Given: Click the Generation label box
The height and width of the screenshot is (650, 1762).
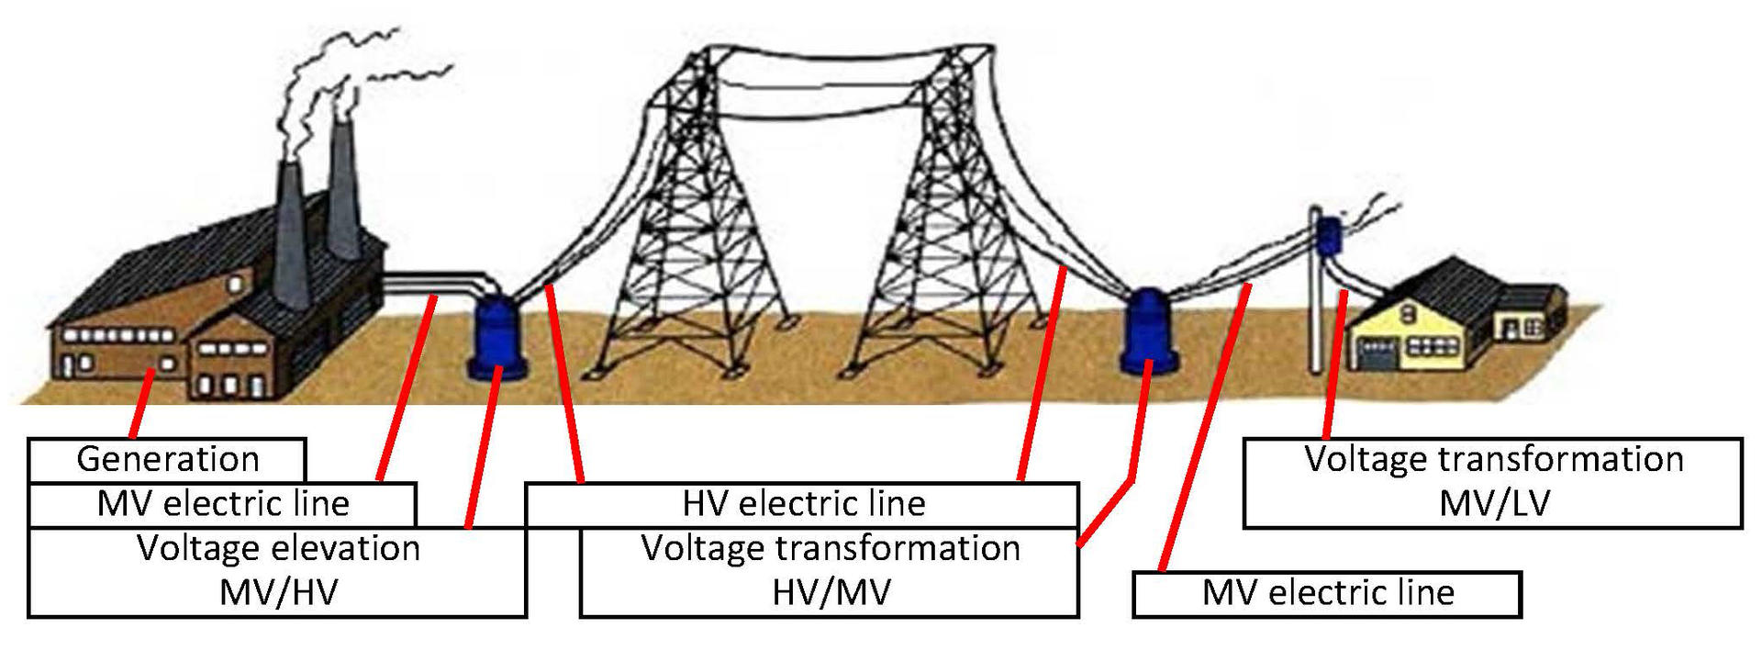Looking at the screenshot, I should tap(167, 459).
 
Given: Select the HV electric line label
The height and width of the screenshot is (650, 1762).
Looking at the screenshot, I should tap(802, 503).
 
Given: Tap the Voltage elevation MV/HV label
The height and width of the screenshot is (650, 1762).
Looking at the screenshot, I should tap(277, 570).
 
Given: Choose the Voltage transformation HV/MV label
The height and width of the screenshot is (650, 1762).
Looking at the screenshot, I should tap(830, 570).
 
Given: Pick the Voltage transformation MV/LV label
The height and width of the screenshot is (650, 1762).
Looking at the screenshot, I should tap(1493, 481).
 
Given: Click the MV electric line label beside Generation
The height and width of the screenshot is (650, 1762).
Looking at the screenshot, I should tap(222, 503).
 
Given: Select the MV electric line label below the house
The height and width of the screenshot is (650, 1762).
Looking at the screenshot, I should tap(1327, 593).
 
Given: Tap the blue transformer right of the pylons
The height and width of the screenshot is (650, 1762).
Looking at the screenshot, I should tap(1146, 330).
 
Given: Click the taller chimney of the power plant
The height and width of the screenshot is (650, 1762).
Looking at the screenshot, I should tap(343, 188).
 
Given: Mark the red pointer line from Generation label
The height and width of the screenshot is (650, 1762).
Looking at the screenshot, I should tap(141, 404).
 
